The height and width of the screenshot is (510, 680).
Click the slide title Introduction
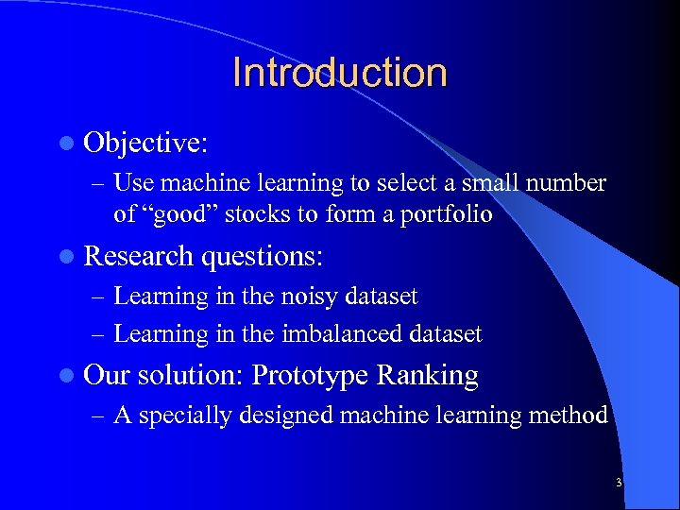pos(339,73)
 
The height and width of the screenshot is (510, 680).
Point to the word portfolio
pos(449,214)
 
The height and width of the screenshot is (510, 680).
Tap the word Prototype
pos(311,376)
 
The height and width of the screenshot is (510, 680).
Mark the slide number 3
pos(618,483)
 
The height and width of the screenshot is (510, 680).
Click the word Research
pos(138,257)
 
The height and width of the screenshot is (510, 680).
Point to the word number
pos(569,181)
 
